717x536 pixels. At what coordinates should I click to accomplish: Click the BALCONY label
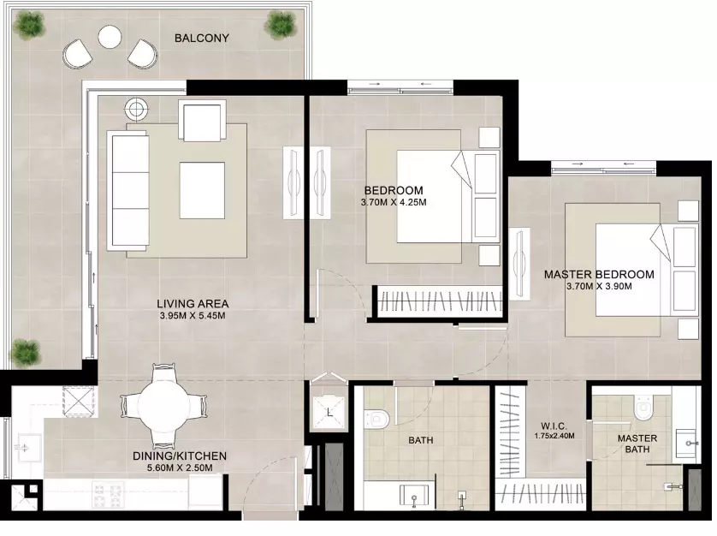[x=202, y=38]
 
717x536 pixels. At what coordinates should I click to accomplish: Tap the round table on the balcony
[x=110, y=36]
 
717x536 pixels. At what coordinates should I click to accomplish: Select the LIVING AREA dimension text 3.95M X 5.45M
[x=193, y=315]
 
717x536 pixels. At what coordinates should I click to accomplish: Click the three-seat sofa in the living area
[x=128, y=190]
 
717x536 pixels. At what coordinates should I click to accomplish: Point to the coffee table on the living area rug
[x=202, y=190]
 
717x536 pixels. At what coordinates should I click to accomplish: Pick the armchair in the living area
[x=203, y=121]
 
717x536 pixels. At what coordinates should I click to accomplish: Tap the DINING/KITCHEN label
[x=180, y=456]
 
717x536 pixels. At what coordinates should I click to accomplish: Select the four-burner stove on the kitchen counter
[x=109, y=494]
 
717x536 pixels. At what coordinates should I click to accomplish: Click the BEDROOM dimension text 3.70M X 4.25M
[x=394, y=202]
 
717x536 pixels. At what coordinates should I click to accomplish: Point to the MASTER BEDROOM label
[x=599, y=275]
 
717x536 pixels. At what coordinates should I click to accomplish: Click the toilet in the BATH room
[x=376, y=419]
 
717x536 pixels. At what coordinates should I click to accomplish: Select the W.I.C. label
[x=554, y=426]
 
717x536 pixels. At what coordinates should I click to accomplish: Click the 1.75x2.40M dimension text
[x=554, y=436]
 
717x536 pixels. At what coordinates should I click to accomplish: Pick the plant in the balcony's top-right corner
[x=280, y=24]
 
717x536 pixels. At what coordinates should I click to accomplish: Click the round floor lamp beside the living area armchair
[x=136, y=110]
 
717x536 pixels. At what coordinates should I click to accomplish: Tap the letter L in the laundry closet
[x=329, y=413]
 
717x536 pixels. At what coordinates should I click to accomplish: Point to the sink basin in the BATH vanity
[x=414, y=495]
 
